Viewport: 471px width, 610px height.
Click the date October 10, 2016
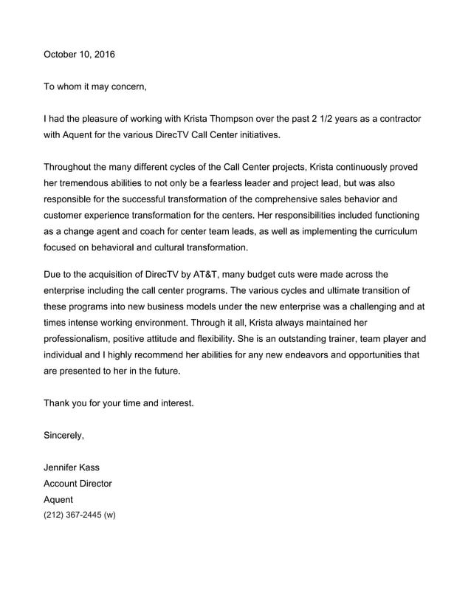point(79,55)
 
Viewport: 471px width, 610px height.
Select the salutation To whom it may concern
point(95,87)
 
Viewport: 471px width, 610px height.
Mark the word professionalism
point(87,339)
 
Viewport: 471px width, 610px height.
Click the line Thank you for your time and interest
point(118,403)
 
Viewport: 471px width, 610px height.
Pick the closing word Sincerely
point(63,435)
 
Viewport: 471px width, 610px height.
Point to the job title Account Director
point(78,484)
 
